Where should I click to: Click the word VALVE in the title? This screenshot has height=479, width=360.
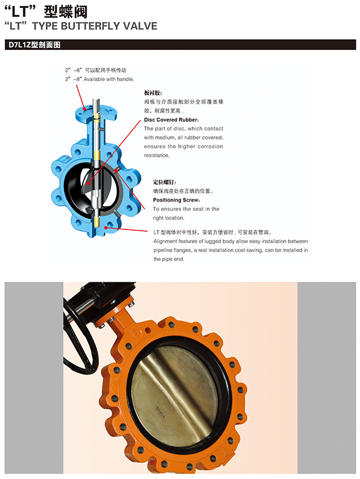click(140, 26)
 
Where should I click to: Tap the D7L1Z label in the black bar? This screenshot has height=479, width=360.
click(19, 45)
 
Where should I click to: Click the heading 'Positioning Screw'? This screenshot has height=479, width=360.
click(176, 200)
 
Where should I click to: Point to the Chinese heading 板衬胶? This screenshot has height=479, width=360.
click(153, 93)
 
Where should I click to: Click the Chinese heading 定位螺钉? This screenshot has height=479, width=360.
click(164, 182)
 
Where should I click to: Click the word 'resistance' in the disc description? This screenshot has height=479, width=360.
click(157, 155)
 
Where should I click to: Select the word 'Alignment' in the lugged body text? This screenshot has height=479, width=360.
click(165, 241)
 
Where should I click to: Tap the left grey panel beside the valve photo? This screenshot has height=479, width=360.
click(34, 377)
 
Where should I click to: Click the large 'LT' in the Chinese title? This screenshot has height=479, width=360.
click(20, 12)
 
